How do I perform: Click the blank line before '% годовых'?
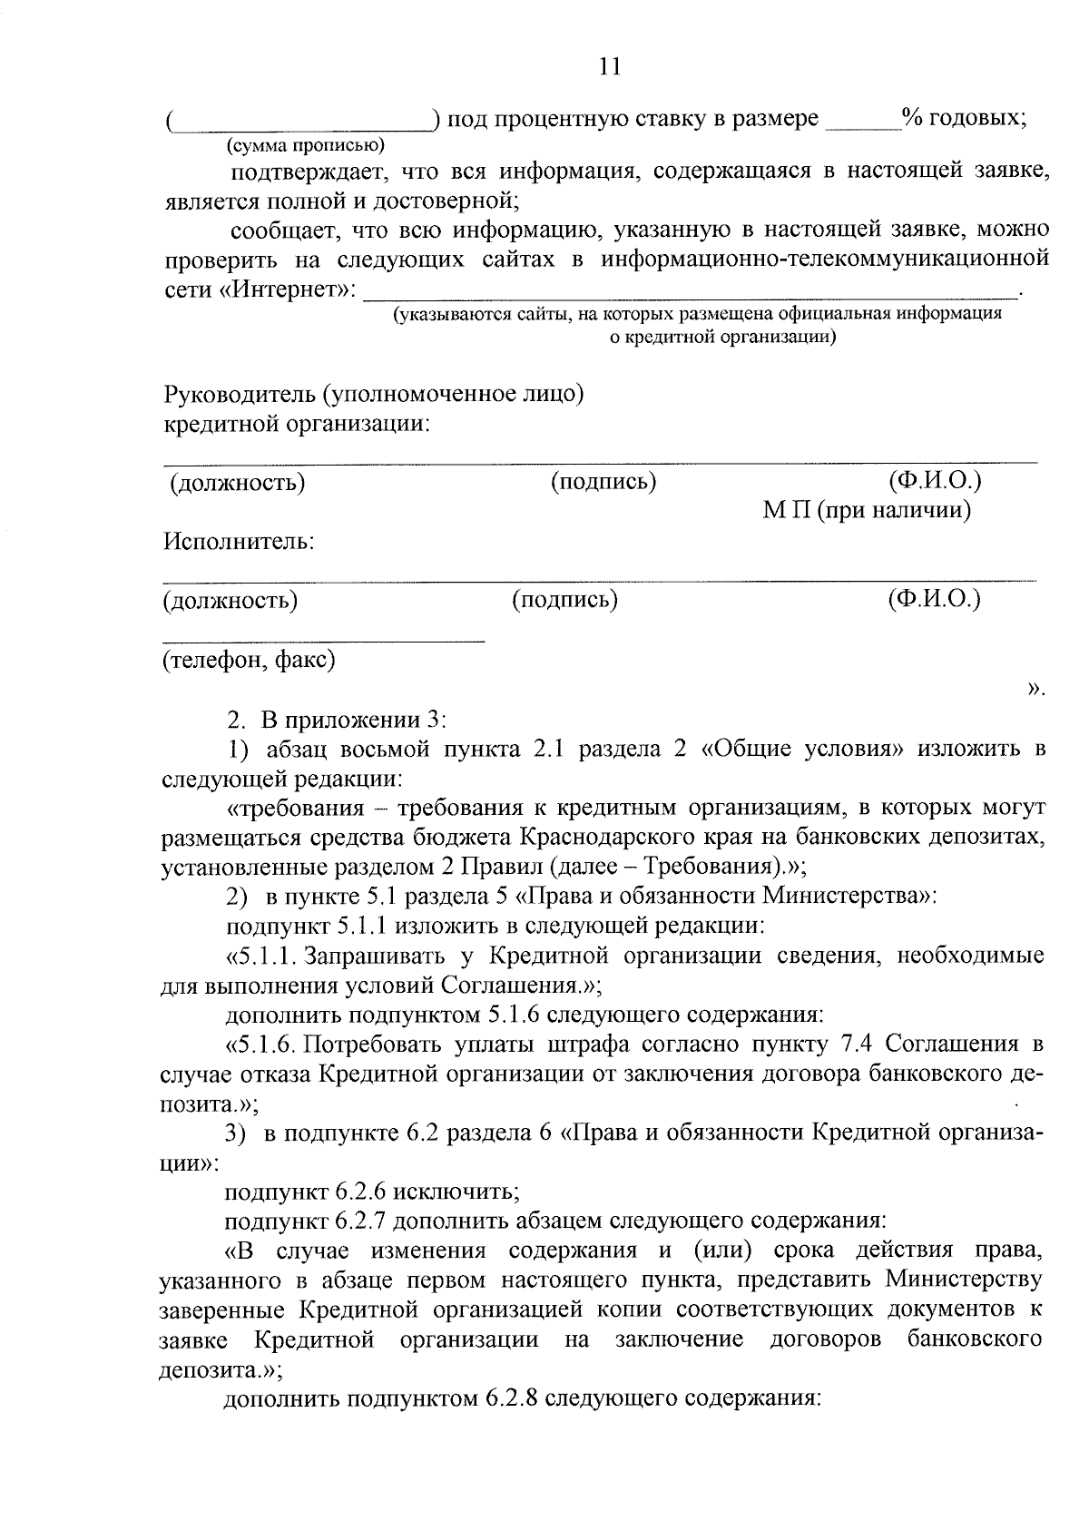(x=861, y=127)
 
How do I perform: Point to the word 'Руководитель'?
(x=239, y=395)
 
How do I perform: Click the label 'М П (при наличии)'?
(x=867, y=511)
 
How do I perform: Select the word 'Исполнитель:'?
(x=239, y=543)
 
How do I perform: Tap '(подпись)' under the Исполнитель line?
(x=564, y=599)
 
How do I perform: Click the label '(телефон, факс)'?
(x=249, y=660)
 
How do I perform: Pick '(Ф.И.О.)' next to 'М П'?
(x=935, y=480)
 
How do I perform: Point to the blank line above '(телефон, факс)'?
(x=323, y=642)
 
